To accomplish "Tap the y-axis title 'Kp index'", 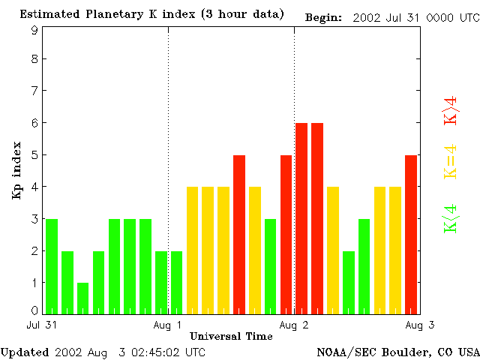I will (16, 170).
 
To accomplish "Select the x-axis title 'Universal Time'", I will (231, 336).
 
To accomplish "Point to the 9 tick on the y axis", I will (34, 31).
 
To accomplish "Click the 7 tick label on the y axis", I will (34, 91).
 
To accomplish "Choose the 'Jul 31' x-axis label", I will (40, 325).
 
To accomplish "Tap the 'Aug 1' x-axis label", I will (167, 325).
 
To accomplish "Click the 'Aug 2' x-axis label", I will (294, 325).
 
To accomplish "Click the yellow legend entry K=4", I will (451, 162).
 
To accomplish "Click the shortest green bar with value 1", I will (82, 298).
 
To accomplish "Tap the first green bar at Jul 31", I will (52, 266).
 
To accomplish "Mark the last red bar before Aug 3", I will (411, 234).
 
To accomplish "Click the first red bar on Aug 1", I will (239, 234).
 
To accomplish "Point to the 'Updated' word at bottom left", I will (25, 352).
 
